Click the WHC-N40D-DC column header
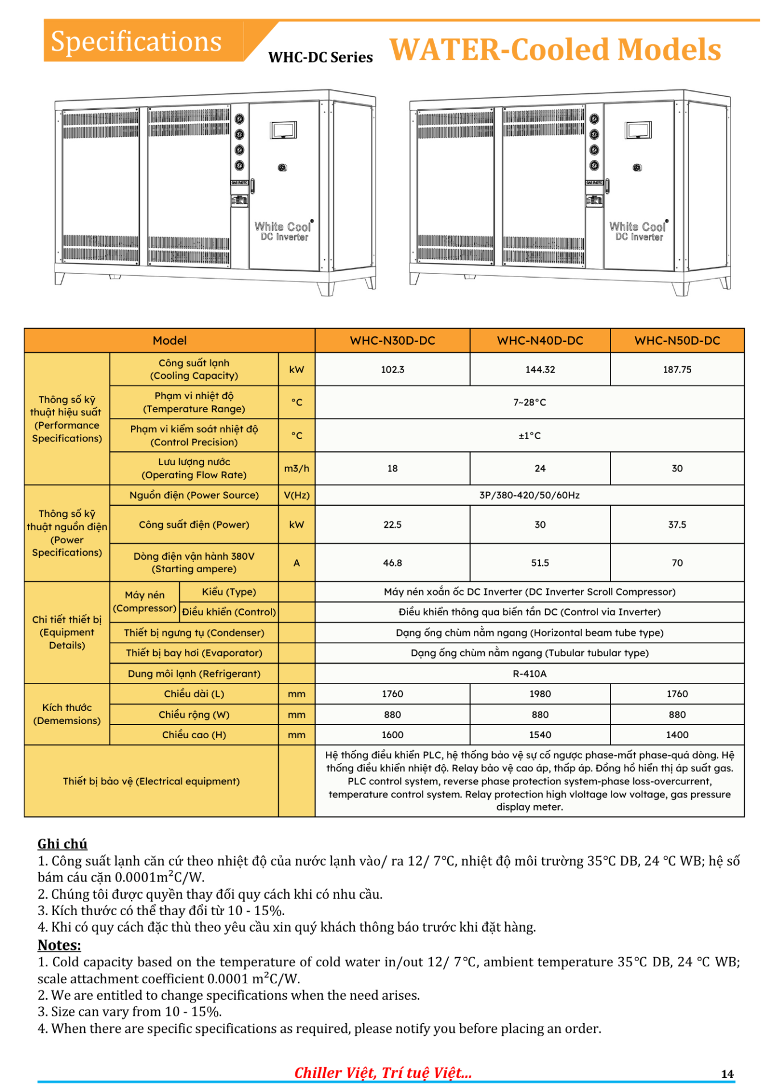coord(540,341)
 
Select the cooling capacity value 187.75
coord(677,370)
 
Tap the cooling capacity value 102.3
coord(393,370)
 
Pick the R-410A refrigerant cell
coord(530,674)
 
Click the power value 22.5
coord(393,525)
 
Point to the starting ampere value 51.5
coord(540,563)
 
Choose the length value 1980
coord(540,694)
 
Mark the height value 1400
coord(677,735)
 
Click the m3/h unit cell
coord(296,469)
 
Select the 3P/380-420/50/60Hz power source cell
coord(530,495)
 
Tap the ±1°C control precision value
coord(530,436)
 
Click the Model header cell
coord(170,341)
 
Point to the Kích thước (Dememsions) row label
coord(67,714)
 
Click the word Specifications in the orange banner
coord(137,42)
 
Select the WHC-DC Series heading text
coord(320,57)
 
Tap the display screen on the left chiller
coord(283,130)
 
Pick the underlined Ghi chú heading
coord(63,844)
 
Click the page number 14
coord(727,1074)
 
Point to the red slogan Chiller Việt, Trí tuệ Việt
coord(383,1073)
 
